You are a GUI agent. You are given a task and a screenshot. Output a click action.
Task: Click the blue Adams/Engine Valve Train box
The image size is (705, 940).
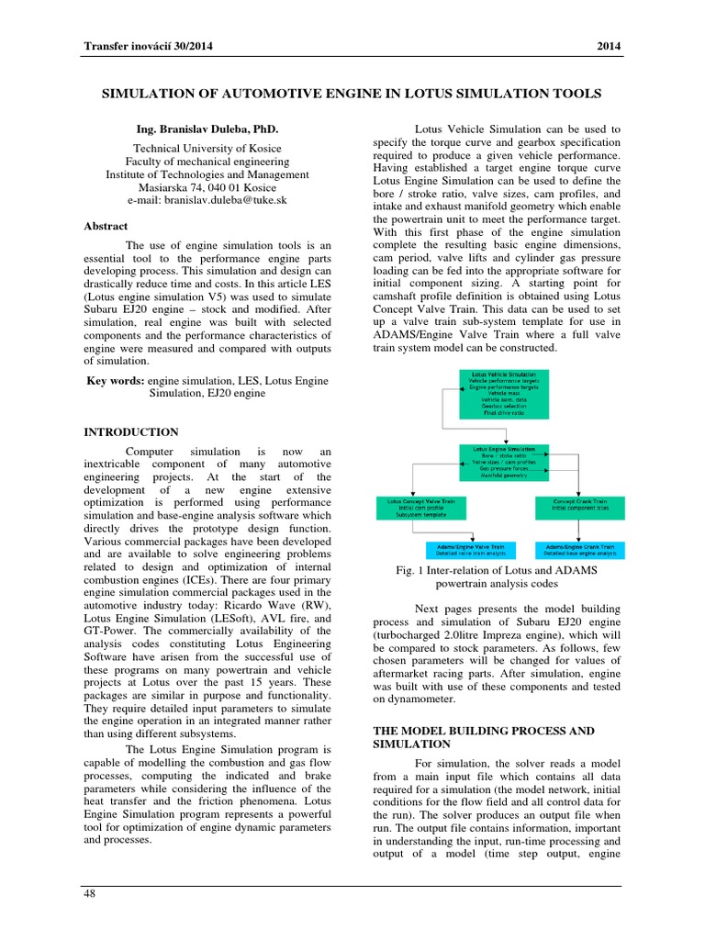pyautogui.click(x=471, y=549)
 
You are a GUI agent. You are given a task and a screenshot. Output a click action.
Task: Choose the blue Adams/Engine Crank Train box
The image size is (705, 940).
pyautogui.click(x=580, y=549)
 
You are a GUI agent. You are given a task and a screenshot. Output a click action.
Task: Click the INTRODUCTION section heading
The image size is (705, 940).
pyautogui.click(x=131, y=431)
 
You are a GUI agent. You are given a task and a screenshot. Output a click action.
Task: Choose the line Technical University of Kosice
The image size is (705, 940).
pyautogui.click(x=207, y=149)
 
